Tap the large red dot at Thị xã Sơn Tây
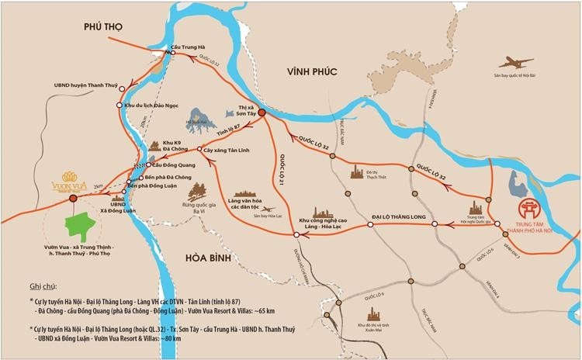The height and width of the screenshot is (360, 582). click(x=262, y=113)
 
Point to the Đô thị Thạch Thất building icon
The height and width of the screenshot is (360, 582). click(x=357, y=170)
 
